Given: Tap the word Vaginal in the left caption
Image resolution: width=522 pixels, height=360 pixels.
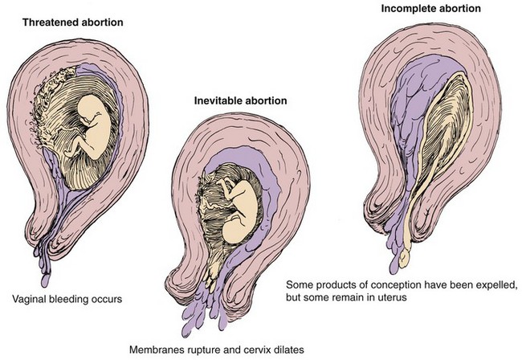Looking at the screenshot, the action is click(29, 299).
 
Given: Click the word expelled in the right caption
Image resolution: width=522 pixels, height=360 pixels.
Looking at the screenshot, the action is click(499, 285).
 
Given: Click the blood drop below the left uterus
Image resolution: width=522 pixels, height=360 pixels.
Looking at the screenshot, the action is click(45, 280).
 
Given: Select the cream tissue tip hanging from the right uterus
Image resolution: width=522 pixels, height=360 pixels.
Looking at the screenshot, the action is click(404, 258).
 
